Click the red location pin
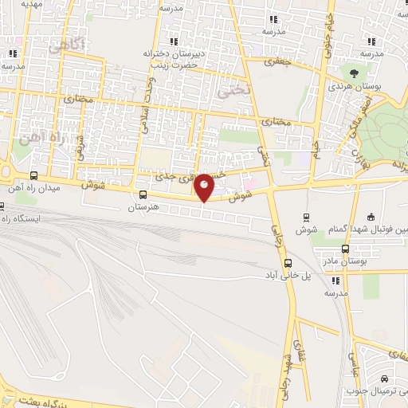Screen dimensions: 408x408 205,186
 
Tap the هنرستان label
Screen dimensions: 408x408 144,207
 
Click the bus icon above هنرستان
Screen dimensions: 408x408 143,194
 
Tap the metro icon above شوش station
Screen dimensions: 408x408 306,218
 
